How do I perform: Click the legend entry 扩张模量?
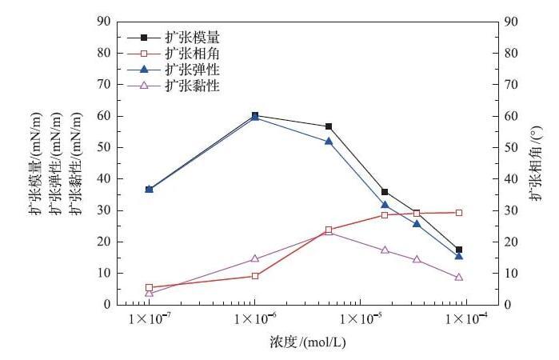[x=192, y=38]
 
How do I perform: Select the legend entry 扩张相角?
[x=192, y=54]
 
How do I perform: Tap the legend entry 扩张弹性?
[x=192, y=70]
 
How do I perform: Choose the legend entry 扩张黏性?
[x=192, y=86]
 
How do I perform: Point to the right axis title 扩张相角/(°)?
[x=534, y=161]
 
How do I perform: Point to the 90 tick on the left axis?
[x=102, y=22]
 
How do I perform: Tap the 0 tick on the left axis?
[x=106, y=305]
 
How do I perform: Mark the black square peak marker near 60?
[x=255, y=115]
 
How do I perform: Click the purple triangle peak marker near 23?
[x=329, y=232]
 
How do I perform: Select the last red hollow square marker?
[x=459, y=213]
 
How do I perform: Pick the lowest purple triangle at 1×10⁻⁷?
[x=149, y=293]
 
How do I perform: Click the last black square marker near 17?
[x=459, y=250]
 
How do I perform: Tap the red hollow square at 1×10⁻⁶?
[x=255, y=276]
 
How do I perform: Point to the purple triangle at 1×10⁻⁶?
[x=255, y=258]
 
